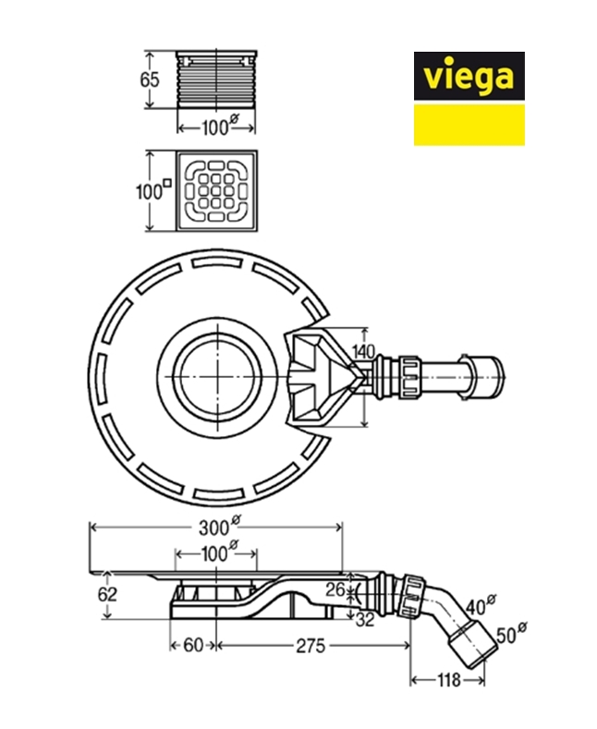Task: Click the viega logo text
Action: tap(469, 76)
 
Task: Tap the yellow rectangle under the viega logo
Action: tap(469, 124)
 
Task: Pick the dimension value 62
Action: tap(108, 593)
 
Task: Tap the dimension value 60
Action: tap(191, 647)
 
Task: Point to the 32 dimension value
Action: tap(364, 620)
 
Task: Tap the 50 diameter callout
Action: tap(509, 637)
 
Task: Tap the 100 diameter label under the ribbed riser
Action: tap(217, 128)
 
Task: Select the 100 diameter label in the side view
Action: tap(218, 554)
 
